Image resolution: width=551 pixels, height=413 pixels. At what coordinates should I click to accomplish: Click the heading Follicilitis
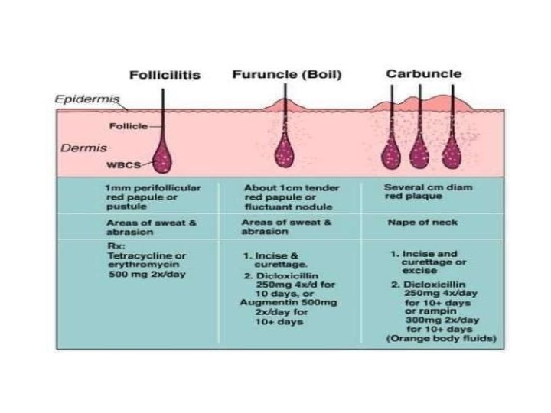tap(164, 75)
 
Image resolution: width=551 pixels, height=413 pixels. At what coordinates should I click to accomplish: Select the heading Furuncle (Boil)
tap(287, 75)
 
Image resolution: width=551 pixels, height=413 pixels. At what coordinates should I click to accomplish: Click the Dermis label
tap(77, 147)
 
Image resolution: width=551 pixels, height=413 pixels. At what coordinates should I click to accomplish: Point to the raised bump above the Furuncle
tap(285, 103)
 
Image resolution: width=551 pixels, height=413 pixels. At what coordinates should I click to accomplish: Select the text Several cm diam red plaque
tap(418, 190)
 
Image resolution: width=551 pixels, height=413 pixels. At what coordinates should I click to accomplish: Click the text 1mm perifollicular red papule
tap(153, 190)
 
